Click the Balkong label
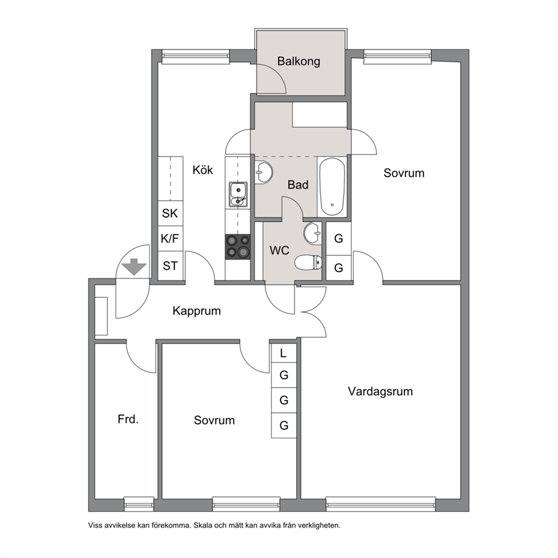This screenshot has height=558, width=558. [x=299, y=61]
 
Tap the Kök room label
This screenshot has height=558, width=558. [x=202, y=170]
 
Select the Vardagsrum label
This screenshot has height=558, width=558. [x=380, y=391]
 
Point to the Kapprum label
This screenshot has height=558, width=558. [x=196, y=311]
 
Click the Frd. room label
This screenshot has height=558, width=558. [x=128, y=419]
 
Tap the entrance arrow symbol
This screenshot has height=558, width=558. [x=134, y=267]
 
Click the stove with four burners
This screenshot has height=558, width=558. [x=238, y=246]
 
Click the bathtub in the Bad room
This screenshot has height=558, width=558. [x=332, y=187]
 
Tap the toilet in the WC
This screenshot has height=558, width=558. [x=308, y=263]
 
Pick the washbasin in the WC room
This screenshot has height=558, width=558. [x=313, y=233]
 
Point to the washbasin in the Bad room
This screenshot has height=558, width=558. [x=264, y=173]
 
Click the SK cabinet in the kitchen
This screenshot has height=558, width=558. [x=170, y=213]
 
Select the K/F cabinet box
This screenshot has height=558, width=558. [x=170, y=238]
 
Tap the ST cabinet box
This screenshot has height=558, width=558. [x=170, y=265]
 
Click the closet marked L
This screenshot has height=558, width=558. [x=283, y=353]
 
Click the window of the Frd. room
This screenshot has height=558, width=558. [x=139, y=504]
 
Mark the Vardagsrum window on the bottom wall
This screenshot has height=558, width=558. [x=381, y=504]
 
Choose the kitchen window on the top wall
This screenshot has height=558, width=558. [x=195, y=57]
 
